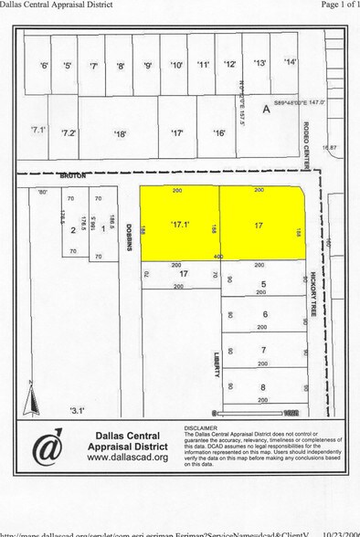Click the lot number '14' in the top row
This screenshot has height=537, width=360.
coord(290,62)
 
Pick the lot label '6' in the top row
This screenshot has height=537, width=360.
coord(43,65)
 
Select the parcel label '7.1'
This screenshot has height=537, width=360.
coord(37,131)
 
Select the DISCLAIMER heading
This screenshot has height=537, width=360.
coord(201,426)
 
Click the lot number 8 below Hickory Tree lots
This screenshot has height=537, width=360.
coord(263,386)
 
